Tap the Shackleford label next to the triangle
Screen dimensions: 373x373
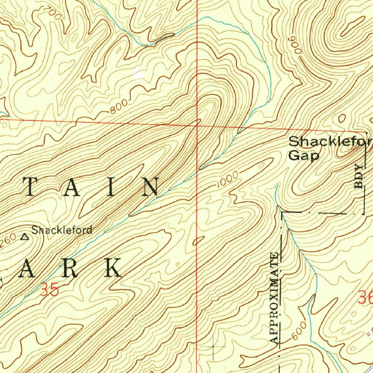coord(62,230)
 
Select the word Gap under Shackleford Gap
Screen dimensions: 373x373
coord(304,156)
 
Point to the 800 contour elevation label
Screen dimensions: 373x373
coord(118,106)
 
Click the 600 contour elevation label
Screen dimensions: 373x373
coord(298,333)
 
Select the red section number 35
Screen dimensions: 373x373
coord(49,291)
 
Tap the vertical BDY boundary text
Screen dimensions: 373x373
coord(360,177)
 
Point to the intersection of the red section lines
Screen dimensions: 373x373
coord(197,125)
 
